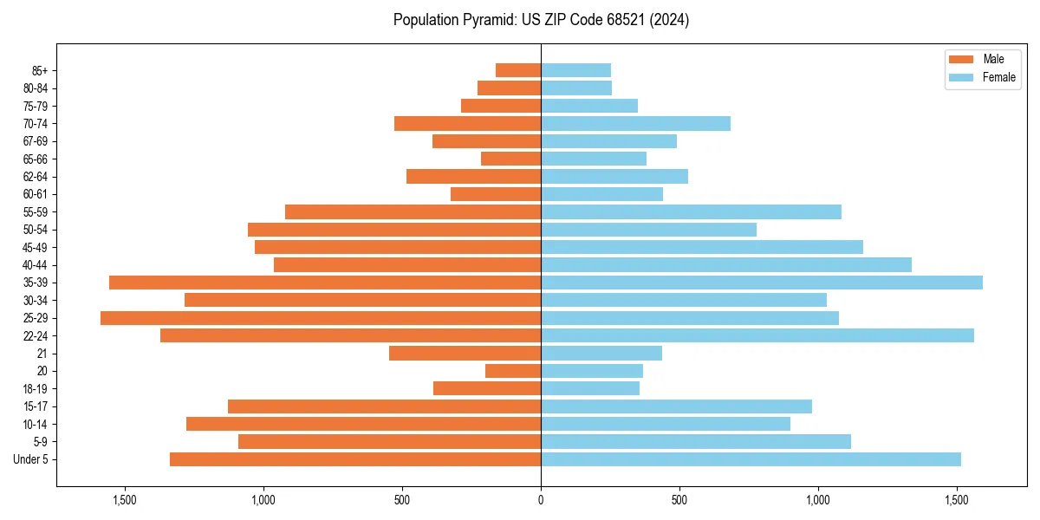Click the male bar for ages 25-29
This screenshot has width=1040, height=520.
(321, 318)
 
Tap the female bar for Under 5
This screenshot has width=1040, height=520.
(751, 459)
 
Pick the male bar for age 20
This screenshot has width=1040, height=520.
(513, 371)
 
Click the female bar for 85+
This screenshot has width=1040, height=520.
(575, 70)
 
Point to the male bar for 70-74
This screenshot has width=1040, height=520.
(467, 123)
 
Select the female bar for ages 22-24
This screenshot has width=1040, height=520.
(757, 335)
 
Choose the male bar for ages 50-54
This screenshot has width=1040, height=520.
(394, 230)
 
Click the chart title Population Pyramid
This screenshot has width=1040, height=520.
(541, 20)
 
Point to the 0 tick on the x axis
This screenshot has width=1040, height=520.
(541, 500)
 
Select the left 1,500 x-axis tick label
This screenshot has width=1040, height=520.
(125, 500)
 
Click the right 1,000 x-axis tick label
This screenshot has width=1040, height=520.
(818, 500)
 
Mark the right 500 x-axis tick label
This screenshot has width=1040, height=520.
(679, 500)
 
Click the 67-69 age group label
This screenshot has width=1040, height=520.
(35, 141)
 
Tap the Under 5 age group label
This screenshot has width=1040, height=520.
(31, 459)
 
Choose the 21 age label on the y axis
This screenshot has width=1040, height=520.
(42, 354)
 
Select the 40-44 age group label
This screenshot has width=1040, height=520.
(35, 265)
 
